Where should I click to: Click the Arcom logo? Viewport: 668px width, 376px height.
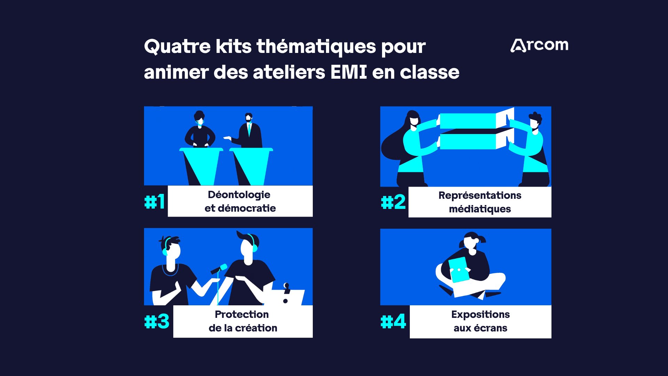(539, 45)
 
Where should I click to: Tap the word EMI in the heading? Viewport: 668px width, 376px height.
(349, 72)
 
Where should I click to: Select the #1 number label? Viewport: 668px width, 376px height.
(154, 202)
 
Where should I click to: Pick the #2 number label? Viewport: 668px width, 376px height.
(393, 202)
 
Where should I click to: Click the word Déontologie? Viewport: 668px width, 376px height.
(239, 195)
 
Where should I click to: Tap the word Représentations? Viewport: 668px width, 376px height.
(480, 195)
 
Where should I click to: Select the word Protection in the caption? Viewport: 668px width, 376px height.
(242, 314)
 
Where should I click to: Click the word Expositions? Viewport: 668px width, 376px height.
(480, 314)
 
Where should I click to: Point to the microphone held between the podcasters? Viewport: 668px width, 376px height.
(219, 269)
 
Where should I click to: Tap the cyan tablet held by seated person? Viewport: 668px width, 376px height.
(459, 269)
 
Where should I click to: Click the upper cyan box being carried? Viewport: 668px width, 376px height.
(468, 121)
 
